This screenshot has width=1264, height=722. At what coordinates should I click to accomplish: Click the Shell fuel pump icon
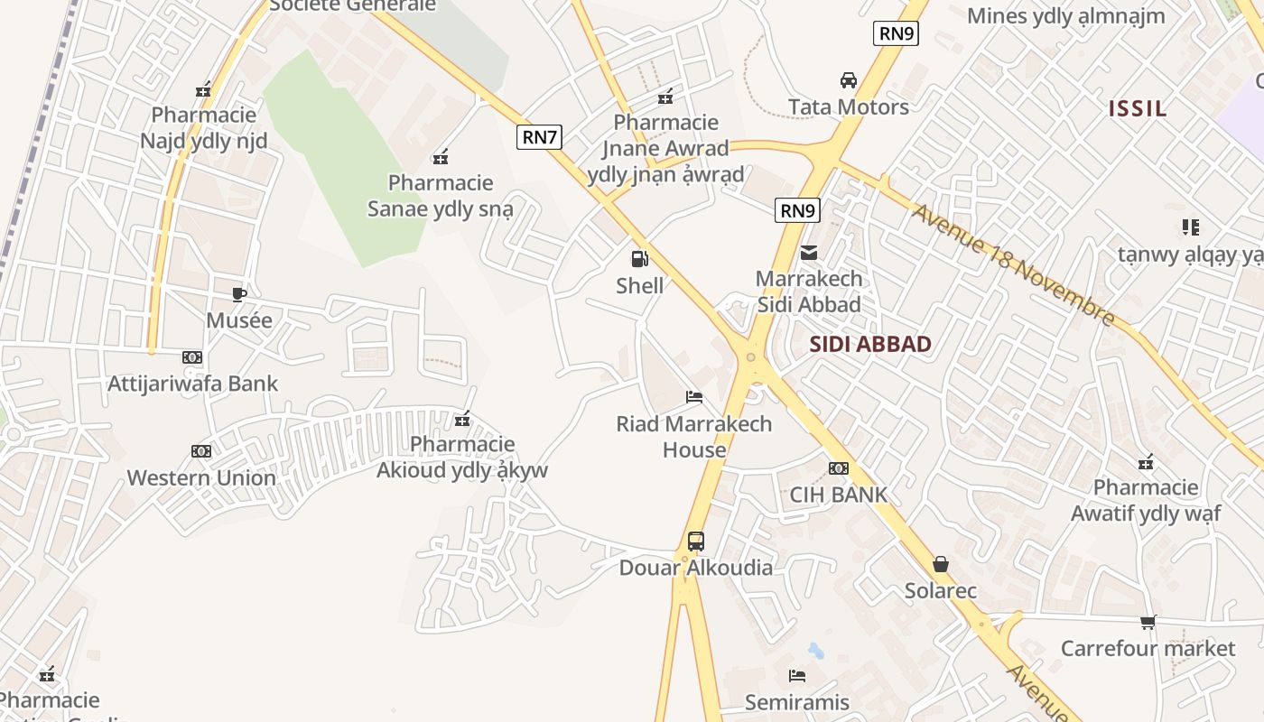click(639, 260)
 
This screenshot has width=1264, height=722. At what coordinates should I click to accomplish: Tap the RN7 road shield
click(540, 137)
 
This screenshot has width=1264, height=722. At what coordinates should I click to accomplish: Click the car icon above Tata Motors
click(849, 80)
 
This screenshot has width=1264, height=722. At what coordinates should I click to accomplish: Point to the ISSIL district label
click(1138, 109)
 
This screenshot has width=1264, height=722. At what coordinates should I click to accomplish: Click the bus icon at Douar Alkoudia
click(695, 541)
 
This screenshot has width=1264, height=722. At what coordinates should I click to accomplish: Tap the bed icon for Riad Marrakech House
click(694, 397)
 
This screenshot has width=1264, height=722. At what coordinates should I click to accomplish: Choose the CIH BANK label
click(839, 495)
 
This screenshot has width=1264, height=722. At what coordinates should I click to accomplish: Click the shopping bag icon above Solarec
click(941, 565)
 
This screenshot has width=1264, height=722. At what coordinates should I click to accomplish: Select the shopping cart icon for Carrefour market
click(1148, 622)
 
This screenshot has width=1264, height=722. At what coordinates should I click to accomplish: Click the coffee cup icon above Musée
click(239, 294)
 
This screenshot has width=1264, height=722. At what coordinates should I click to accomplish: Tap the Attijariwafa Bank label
click(193, 384)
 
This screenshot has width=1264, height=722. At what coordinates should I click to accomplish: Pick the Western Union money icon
click(201, 451)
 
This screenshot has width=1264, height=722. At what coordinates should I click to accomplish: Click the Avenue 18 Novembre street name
click(1014, 264)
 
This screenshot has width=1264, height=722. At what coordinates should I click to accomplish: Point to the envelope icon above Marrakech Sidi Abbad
click(809, 253)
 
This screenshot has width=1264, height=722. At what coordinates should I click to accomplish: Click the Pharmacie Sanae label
click(441, 196)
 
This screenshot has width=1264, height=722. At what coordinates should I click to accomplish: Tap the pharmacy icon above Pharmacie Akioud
click(463, 419)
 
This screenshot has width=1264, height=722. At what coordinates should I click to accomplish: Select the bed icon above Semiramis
click(796, 675)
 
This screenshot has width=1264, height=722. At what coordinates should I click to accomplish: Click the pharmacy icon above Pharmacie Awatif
click(1146, 462)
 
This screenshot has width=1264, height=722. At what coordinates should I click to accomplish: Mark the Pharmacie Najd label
click(204, 128)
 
